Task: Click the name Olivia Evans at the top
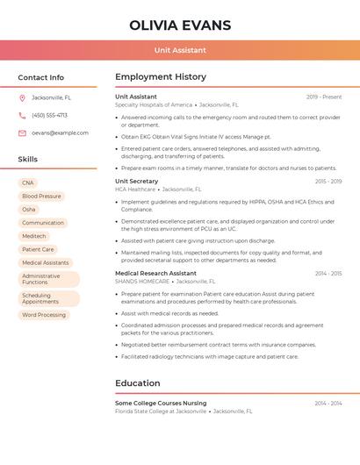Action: pyautogui.click(x=180, y=25)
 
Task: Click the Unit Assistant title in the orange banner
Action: pyautogui.click(x=180, y=51)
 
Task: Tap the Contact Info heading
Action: pyautogui.click(x=41, y=77)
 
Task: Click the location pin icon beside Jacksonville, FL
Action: pyautogui.click(x=22, y=97)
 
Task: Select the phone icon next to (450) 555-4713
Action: pyautogui.click(x=22, y=115)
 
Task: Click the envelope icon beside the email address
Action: pyautogui.click(x=22, y=133)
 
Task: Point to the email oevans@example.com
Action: pyautogui.click(x=60, y=133)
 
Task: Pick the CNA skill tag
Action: pyautogui.click(x=28, y=182)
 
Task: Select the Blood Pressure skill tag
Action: pyautogui.click(x=41, y=196)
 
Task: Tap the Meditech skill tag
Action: pyautogui.click(x=34, y=236)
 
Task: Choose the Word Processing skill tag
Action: pyautogui.click(x=44, y=314)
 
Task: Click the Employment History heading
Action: pyautogui.click(x=161, y=77)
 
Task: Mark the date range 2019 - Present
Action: pyautogui.click(x=324, y=97)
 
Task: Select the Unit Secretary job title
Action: pyautogui.click(x=137, y=181)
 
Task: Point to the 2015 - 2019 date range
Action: pyautogui.click(x=328, y=181)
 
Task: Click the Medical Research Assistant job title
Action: pyautogui.click(x=155, y=273)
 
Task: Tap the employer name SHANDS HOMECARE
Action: pyautogui.click(x=141, y=281)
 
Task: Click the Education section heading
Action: pyautogui.click(x=138, y=383)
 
